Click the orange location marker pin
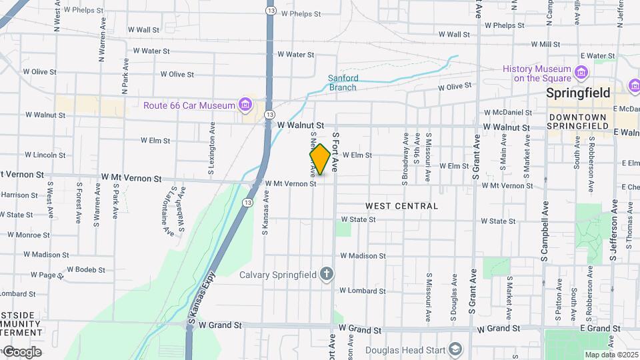(320, 160)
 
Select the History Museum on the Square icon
(581, 71)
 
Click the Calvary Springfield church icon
(326, 274)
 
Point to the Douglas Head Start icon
(455, 349)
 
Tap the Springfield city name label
(578, 93)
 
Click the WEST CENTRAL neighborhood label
(402, 206)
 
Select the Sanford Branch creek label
(343, 82)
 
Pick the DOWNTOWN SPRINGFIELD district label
(577, 121)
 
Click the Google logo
(22, 351)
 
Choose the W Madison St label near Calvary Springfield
(363, 255)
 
